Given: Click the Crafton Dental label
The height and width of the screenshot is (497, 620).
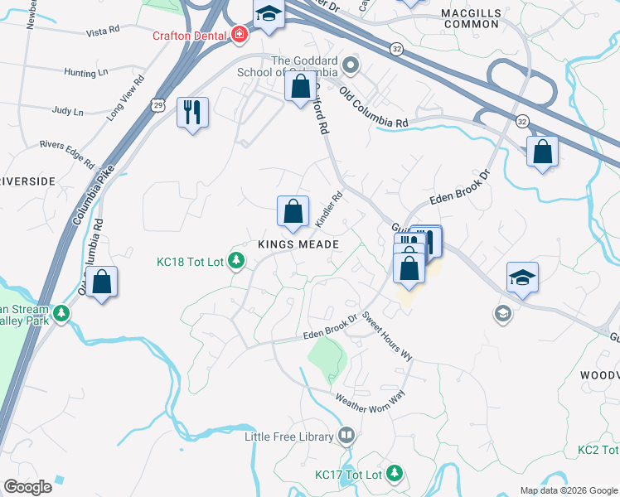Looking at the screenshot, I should (189, 35).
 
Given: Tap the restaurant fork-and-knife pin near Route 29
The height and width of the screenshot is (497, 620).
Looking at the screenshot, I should (192, 112).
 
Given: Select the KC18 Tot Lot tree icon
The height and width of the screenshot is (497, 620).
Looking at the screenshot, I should (237, 262).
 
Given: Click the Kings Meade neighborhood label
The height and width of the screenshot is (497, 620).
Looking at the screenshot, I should (298, 244).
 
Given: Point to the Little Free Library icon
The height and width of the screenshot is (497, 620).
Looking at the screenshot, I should (346, 436).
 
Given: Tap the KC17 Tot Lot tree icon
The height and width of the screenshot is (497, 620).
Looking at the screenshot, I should (395, 475).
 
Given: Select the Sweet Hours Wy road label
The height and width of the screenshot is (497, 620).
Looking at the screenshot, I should (387, 336).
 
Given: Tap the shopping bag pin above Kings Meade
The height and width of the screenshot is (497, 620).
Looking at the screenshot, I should (293, 211).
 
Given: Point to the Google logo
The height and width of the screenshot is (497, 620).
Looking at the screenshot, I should (28, 487).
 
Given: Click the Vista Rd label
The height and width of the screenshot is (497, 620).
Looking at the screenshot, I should (104, 32).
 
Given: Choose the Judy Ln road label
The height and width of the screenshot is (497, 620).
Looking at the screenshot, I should (67, 110).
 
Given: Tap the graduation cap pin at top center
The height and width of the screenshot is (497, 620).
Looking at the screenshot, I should (268, 14).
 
